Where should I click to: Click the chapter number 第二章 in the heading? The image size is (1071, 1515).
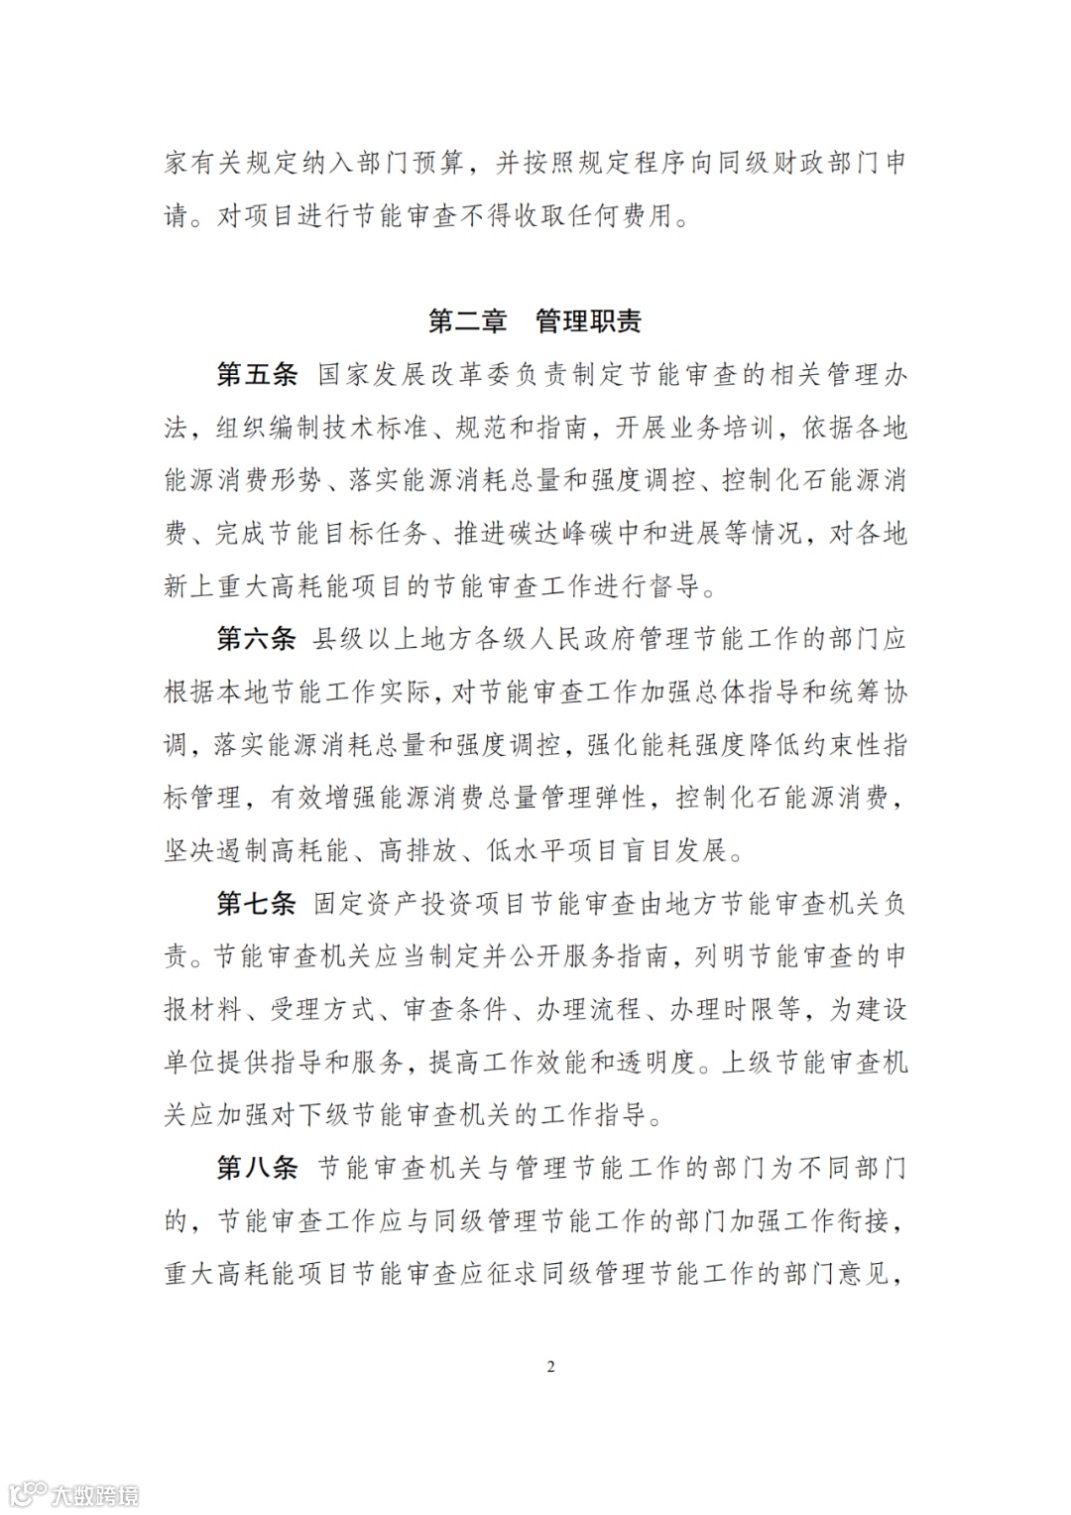467,321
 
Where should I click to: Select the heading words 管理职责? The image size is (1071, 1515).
588,321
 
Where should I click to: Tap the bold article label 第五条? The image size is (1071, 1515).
257,375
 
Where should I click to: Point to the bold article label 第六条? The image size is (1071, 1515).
257,639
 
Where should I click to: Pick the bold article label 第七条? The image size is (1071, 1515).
257,904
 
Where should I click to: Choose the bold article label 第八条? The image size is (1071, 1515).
257,1168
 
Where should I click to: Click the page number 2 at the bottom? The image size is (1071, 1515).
551,1367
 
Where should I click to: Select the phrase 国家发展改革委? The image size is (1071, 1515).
400,375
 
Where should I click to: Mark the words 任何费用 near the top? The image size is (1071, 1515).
621,216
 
